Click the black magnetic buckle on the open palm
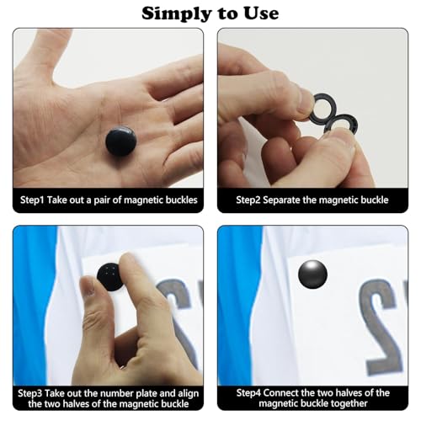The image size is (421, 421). pos(121,141)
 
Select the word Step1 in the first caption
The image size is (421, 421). pos(32,200)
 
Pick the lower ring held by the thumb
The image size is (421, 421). pos(341,125)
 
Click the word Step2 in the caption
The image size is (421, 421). pos(248,200)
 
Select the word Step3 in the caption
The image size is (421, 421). pos(30,393)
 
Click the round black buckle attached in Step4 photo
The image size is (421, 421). pos(312,274)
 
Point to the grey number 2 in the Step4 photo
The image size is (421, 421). pos(381,326)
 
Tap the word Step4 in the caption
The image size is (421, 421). pos(248,392)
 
